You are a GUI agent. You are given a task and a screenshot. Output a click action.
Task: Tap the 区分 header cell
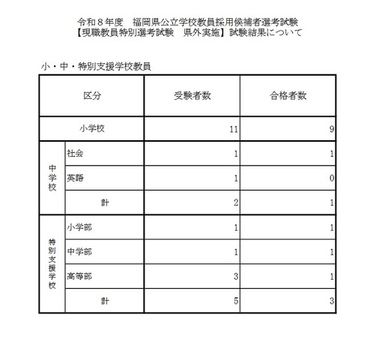93,96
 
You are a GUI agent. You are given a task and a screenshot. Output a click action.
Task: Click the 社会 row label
75,153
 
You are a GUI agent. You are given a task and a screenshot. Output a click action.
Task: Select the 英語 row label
75,178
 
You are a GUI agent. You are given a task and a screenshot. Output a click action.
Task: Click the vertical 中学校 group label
52,178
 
